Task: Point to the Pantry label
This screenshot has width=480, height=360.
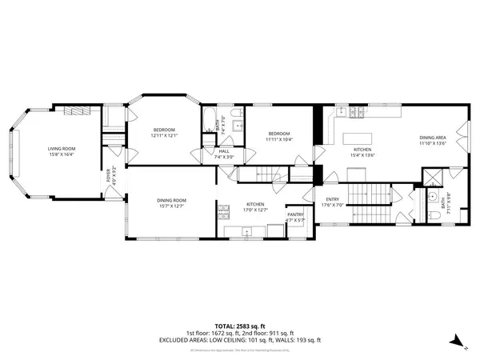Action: click(x=295, y=214)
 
